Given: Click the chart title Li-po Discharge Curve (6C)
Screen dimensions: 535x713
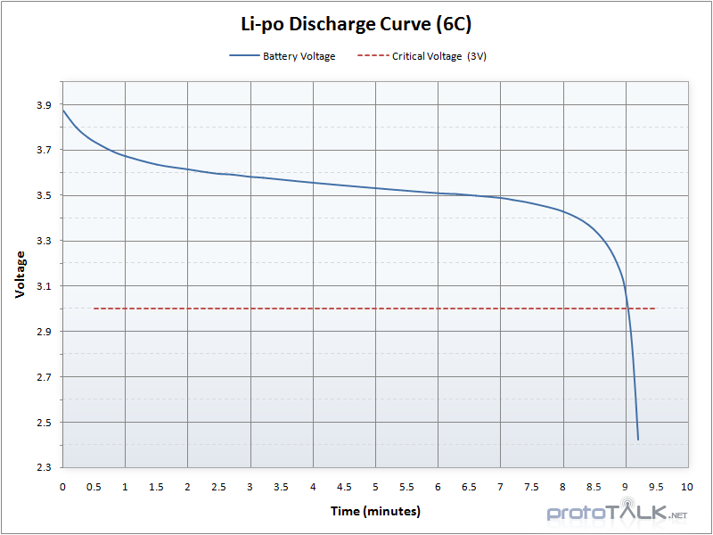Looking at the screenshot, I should (356, 24).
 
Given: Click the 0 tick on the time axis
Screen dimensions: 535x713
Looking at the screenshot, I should (62, 487).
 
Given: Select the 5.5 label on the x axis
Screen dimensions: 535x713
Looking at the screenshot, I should (406, 487).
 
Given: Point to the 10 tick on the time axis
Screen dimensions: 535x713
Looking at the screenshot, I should (687, 487).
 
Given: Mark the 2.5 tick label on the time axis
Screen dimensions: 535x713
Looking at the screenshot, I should (218, 487).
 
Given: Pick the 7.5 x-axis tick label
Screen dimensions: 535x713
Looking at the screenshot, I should (531, 487).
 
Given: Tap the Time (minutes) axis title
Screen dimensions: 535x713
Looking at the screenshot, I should (375, 511).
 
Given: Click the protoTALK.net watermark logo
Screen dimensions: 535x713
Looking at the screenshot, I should (617, 513).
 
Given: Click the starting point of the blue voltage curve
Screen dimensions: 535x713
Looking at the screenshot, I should (63, 110).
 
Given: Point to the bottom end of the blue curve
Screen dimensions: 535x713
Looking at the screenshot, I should (638, 440).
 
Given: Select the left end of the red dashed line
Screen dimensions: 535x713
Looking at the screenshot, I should (94, 309).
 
